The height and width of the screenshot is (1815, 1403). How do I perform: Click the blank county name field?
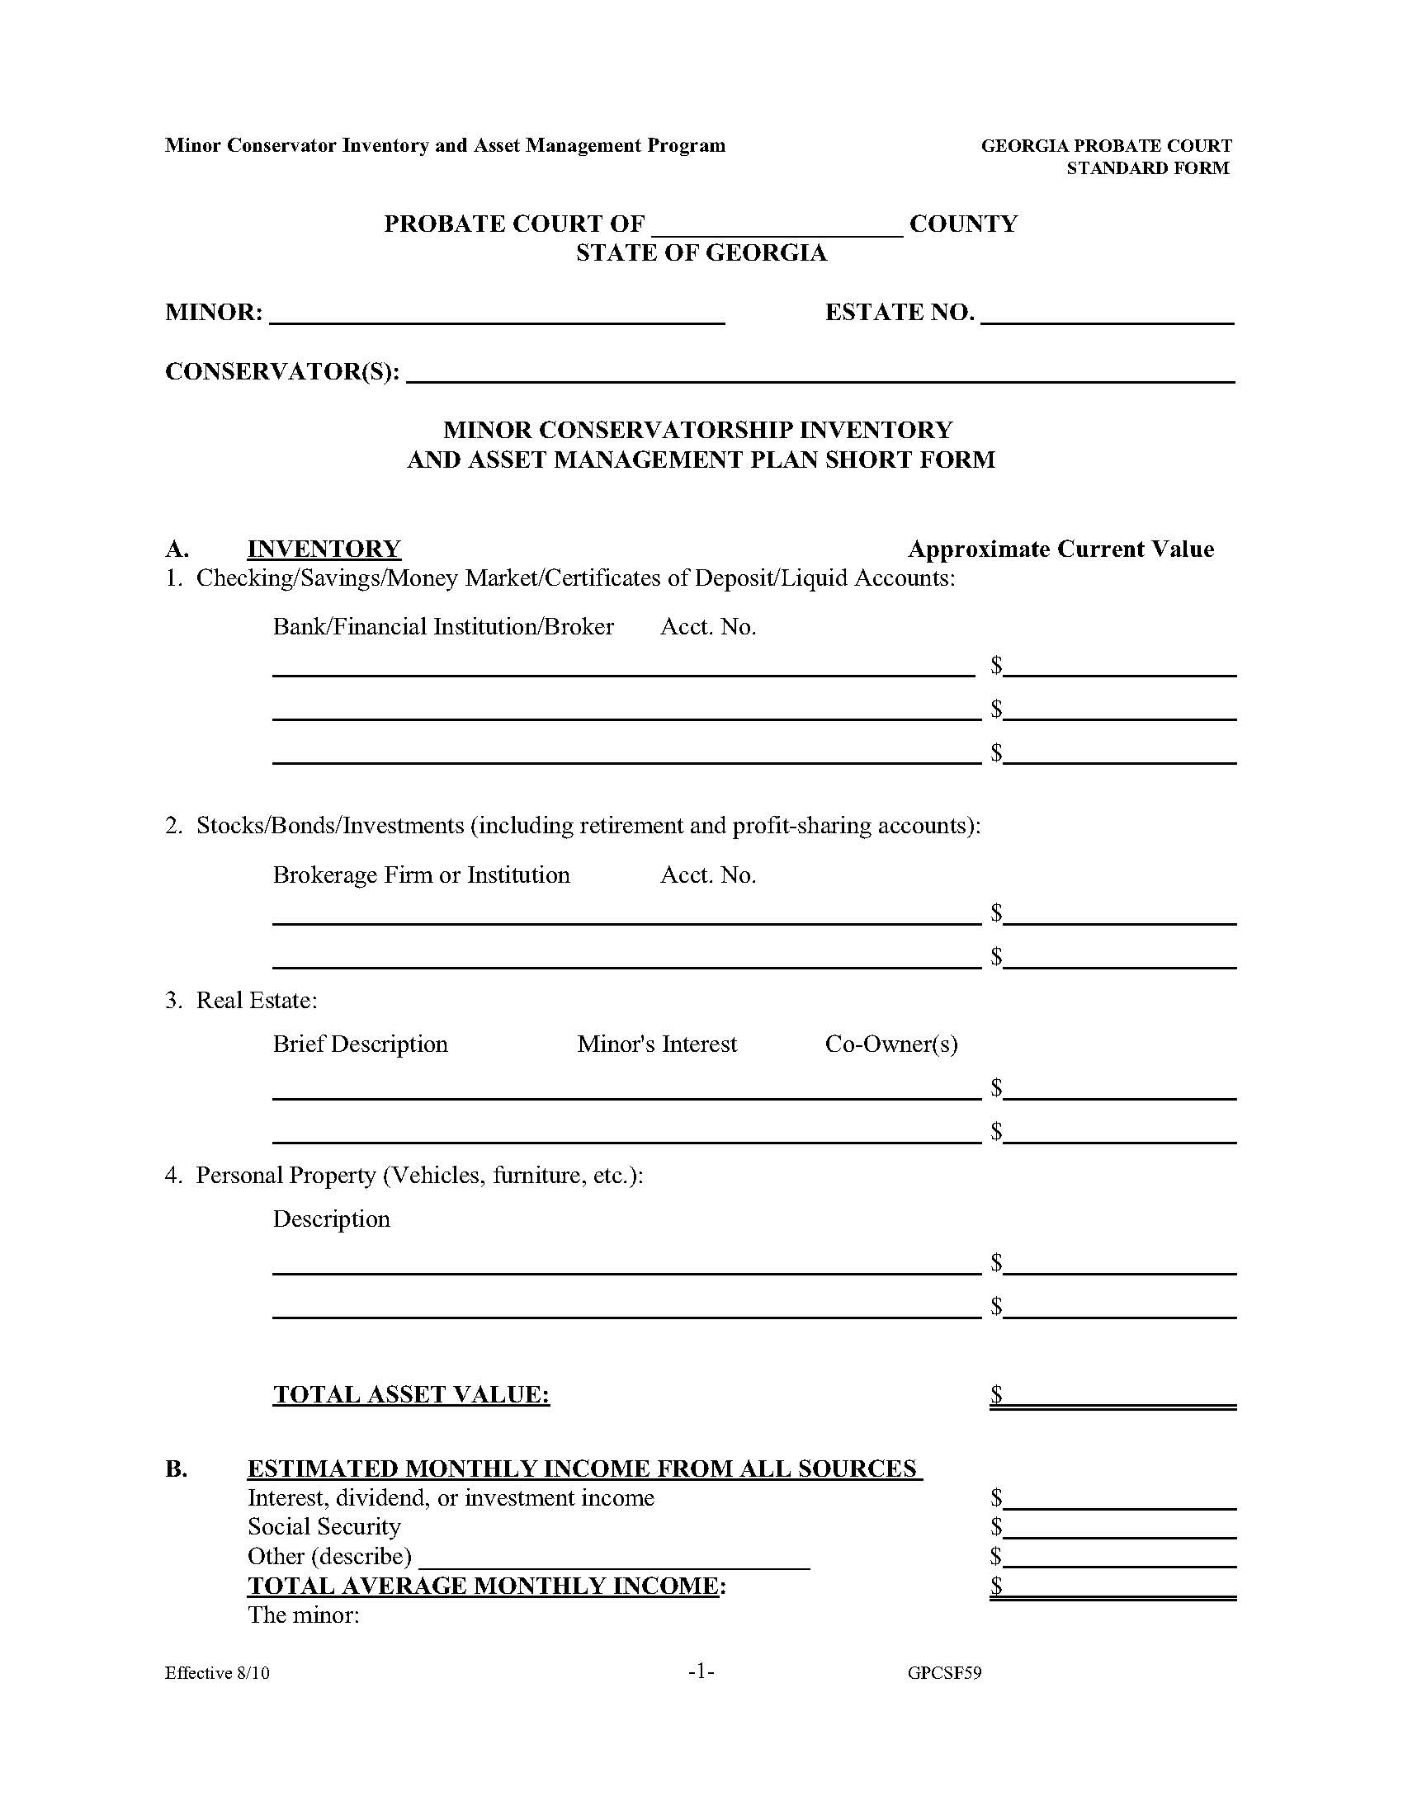777,226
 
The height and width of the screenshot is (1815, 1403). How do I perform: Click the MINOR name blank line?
497,314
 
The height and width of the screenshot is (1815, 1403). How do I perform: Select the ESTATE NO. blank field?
1107,314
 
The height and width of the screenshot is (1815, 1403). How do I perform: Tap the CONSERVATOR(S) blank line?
820,373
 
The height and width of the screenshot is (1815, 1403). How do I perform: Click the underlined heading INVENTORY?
324,549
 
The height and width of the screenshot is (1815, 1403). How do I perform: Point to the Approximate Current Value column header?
1061,549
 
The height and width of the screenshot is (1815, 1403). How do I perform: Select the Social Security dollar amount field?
1119,1527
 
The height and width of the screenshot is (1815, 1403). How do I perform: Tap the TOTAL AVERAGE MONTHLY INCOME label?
486,1586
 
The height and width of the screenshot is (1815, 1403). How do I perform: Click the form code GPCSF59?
944,1673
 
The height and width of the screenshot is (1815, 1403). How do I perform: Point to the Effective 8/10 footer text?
217,1673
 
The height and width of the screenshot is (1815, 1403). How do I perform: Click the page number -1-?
701,1671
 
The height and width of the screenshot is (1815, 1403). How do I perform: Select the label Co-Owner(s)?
891,1044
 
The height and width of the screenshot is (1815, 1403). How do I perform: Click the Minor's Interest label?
657,1044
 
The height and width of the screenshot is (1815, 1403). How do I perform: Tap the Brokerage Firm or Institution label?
422,875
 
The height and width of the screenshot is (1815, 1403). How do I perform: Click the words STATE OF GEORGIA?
701,252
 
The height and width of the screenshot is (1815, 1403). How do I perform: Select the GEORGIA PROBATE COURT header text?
1106,146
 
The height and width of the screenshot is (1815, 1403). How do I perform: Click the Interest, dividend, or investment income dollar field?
1119,1498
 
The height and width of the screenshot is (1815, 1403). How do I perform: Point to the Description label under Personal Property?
332,1219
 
